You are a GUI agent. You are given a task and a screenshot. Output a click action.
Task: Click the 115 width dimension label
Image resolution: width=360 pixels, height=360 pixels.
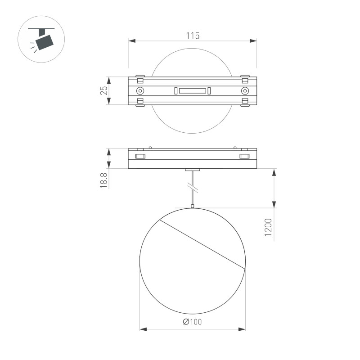[192, 36]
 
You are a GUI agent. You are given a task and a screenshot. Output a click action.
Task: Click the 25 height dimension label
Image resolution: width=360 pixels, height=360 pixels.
[104, 90]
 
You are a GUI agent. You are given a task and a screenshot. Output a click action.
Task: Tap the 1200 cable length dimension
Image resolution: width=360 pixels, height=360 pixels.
[268, 227]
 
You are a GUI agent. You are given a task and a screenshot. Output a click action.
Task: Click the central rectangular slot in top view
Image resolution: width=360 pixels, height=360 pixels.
[192, 91]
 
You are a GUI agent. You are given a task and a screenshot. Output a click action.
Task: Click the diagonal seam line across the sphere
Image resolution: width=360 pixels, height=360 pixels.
[202, 245]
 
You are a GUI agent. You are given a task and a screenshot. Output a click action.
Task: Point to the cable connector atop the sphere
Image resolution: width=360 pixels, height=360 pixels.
[193, 207]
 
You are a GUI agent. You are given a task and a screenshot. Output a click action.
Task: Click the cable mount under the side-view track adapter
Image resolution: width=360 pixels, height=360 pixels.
[193, 170]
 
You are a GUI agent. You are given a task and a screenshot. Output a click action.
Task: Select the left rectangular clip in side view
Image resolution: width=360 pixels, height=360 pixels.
[140, 157]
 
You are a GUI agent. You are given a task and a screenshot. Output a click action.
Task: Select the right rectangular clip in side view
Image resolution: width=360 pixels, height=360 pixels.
[244, 157]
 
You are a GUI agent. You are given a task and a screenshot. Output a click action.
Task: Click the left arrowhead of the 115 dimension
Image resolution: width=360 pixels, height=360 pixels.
[131, 41]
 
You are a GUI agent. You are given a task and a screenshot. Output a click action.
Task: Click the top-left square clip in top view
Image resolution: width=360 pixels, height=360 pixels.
[140, 81]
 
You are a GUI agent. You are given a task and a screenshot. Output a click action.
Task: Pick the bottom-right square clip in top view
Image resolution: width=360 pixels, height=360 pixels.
[245, 101]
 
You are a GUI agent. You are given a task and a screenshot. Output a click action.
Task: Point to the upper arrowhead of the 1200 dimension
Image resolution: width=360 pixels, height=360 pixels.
[274, 172]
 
